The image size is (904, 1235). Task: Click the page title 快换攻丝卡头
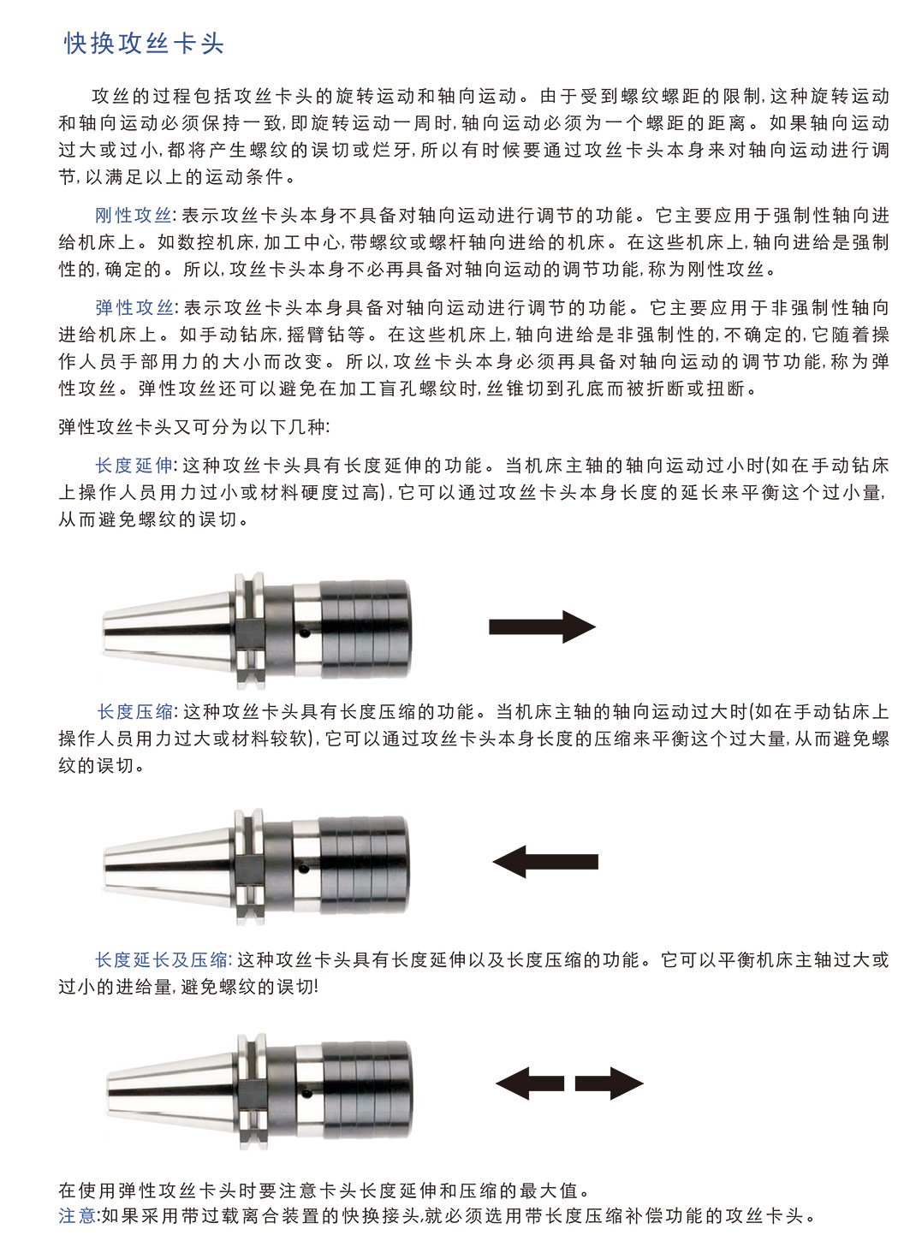pyautogui.click(x=144, y=44)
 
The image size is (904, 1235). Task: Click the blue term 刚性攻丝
pyautogui.click(x=133, y=216)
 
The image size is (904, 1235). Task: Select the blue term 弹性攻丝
pyautogui.click(x=134, y=307)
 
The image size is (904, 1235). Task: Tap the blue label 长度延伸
pyautogui.click(x=134, y=466)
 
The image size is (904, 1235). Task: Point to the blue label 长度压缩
pyautogui.click(x=135, y=712)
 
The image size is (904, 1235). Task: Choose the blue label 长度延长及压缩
pyautogui.click(x=161, y=960)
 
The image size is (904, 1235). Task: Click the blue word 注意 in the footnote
pyautogui.click(x=77, y=1215)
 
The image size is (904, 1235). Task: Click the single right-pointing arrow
pyautogui.click(x=542, y=626)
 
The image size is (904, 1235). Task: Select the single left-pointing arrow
pyautogui.click(x=545, y=862)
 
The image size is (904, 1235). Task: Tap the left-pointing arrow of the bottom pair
pyautogui.click(x=530, y=1084)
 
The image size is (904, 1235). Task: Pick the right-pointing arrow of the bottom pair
pyautogui.click(x=609, y=1084)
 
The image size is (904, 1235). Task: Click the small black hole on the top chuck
pyautogui.click(x=304, y=633)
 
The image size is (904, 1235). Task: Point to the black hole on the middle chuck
pyautogui.click(x=303, y=870)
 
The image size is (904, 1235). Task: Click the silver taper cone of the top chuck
pyautogui.click(x=169, y=632)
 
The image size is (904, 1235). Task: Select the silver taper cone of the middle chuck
pyautogui.click(x=169, y=867)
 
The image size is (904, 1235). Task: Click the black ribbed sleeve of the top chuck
pyautogui.click(x=366, y=629)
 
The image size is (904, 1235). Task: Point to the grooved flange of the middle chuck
pyautogui.click(x=249, y=867)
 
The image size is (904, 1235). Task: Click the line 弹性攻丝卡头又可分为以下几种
pyautogui.click(x=194, y=427)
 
